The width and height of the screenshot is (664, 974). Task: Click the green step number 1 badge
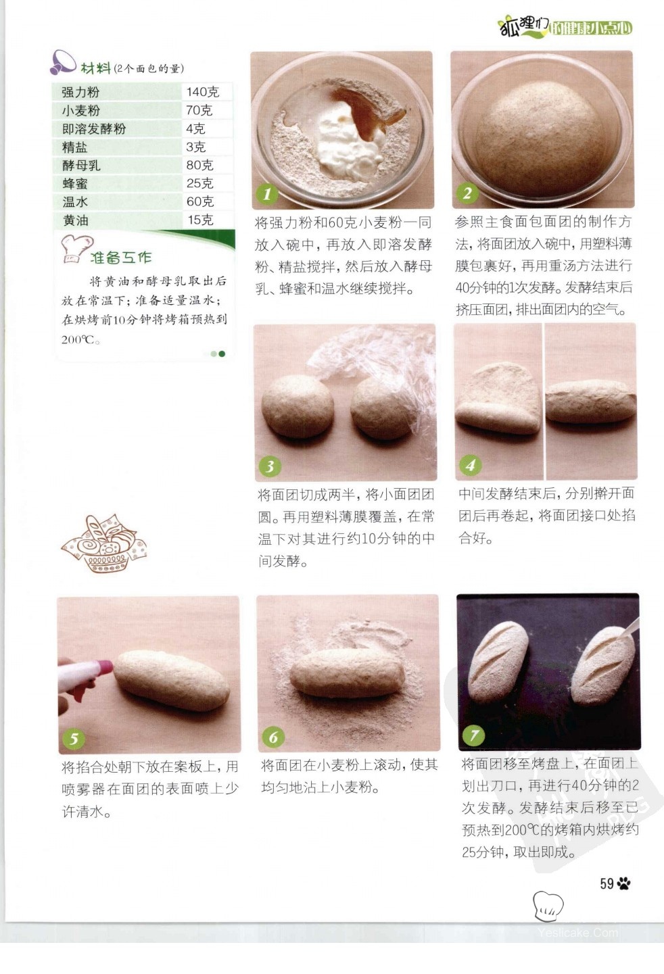point(267,194)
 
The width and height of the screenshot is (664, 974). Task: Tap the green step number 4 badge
point(471,465)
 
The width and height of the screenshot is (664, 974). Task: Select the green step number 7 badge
point(473,735)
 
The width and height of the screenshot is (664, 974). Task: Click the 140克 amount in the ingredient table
point(202,92)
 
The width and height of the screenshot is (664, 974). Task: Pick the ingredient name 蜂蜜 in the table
point(75,183)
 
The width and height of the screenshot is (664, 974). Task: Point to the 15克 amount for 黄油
point(200,220)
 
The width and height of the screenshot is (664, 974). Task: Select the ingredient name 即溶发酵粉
point(93,128)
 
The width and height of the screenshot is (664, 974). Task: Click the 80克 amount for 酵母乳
point(199,165)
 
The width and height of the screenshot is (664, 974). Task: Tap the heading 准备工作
point(120,258)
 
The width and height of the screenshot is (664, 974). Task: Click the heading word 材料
point(95,68)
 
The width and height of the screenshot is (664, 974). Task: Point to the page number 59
point(607,883)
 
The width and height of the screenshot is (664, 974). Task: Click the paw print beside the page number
point(623,883)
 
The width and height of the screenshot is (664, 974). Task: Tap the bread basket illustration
point(104,543)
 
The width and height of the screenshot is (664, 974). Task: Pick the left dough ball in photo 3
point(298,406)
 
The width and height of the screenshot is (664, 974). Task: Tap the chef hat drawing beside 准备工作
point(76,249)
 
